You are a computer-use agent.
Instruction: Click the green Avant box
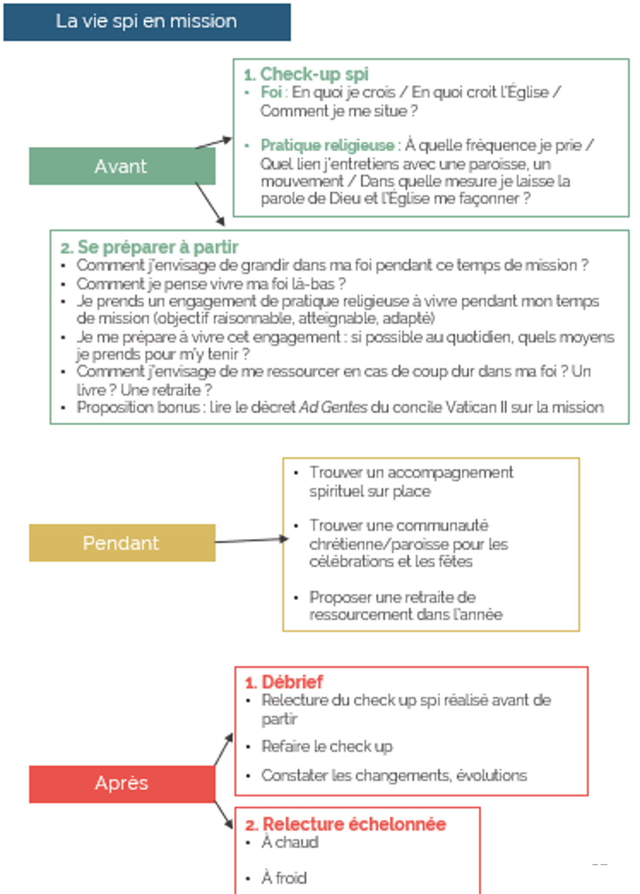(122, 166)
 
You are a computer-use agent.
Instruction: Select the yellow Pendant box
(122, 543)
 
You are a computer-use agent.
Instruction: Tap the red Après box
(122, 783)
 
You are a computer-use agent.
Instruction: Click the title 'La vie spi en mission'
(146, 21)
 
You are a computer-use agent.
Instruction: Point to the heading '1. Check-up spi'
(306, 74)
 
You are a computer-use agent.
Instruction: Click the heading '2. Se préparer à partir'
(149, 247)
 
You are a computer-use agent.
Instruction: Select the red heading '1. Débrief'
(284, 682)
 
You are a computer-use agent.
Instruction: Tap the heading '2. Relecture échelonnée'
(345, 824)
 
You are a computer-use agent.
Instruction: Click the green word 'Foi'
(271, 92)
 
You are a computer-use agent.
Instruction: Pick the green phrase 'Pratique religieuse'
(327, 145)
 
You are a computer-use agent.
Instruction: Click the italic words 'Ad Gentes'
(333, 407)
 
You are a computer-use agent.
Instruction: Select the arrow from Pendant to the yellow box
(251, 540)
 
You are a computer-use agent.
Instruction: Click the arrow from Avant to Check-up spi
(214, 142)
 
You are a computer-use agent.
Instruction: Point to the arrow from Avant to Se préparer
(210, 204)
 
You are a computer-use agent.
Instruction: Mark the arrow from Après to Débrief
(223, 749)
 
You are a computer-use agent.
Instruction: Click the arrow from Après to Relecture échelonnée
(223, 815)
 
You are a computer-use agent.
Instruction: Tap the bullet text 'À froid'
(284, 878)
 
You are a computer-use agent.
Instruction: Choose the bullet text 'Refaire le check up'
(327, 747)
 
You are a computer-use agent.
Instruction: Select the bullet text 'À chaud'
(290, 842)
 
